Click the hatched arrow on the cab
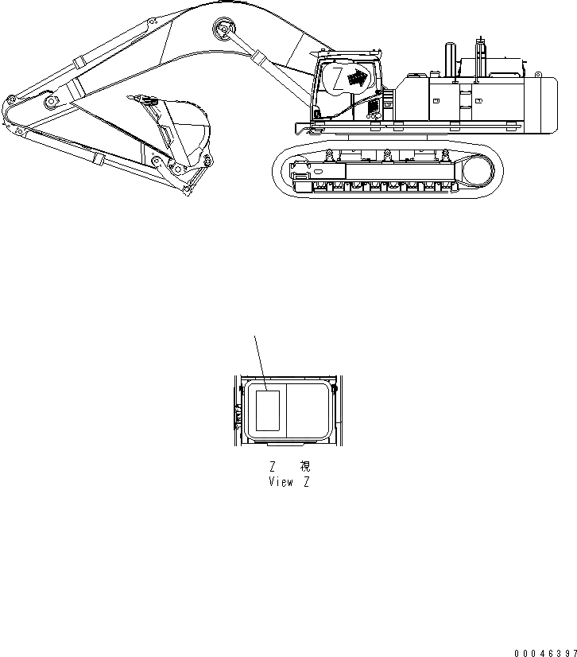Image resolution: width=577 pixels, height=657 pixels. point(360,77)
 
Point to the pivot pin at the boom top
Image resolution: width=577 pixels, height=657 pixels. point(222,31)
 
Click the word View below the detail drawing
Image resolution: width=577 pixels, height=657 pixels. point(281,483)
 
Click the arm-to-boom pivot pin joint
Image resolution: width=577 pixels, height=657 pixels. point(51,104)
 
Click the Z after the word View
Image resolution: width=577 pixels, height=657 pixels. point(306,483)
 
